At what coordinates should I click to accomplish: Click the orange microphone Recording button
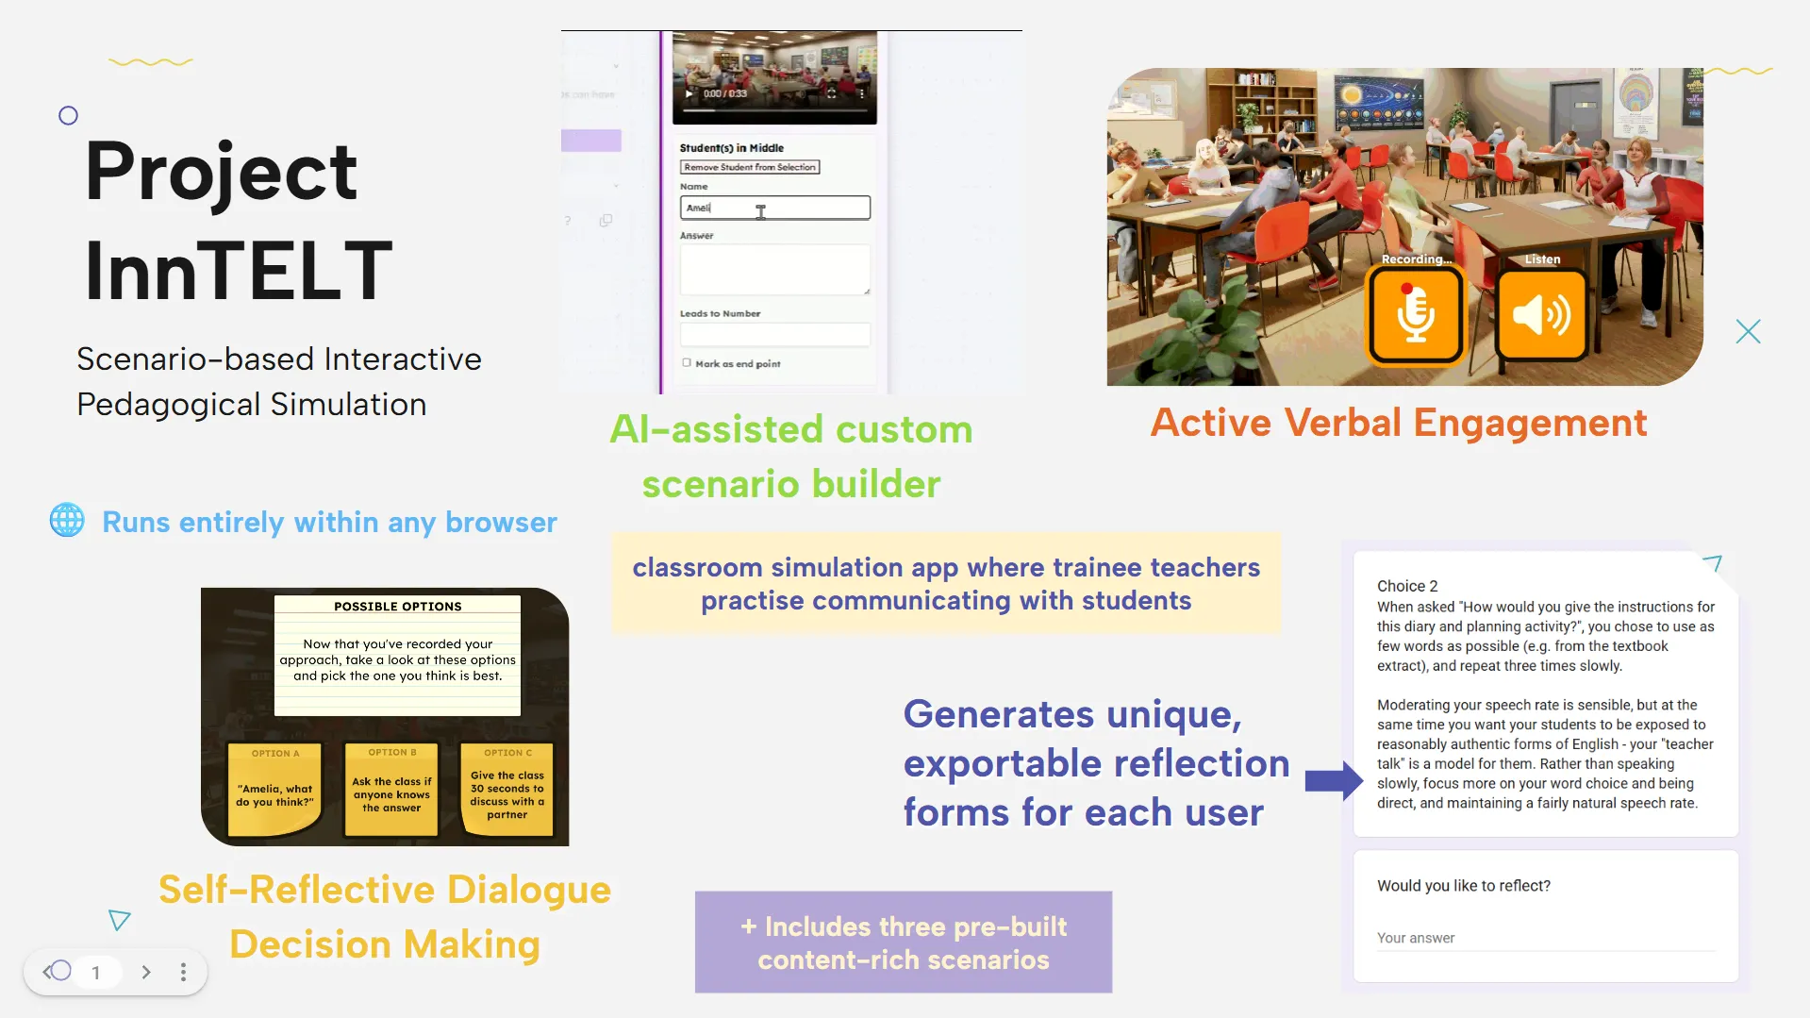[x=1415, y=314]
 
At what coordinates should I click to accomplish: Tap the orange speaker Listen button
[x=1541, y=314]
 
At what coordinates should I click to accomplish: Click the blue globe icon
[x=67, y=520]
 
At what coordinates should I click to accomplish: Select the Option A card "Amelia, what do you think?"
[x=274, y=790]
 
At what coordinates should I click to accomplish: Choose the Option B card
[x=391, y=790]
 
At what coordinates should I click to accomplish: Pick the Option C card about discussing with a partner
[x=507, y=790]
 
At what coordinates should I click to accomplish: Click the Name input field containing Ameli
[x=774, y=208]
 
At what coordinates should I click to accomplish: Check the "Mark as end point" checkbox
[x=687, y=363]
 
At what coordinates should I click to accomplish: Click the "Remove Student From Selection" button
[x=750, y=167]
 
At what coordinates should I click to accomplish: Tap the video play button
[x=689, y=93]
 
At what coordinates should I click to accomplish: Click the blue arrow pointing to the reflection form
[x=1333, y=780]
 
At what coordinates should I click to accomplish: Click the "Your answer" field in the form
[x=1544, y=938]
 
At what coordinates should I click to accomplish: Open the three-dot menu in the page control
[x=183, y=972]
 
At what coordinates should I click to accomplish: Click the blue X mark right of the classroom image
[x=1748, y=331]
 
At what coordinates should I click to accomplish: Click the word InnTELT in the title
[x=238, y=271]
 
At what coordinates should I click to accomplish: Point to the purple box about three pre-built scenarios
[x=903, y=942]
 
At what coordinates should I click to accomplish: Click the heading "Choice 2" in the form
[x=1407, y=586]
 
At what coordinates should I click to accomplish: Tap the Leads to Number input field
[x=774, y=335]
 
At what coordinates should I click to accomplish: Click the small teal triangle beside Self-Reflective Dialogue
[x=119, y=920]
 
